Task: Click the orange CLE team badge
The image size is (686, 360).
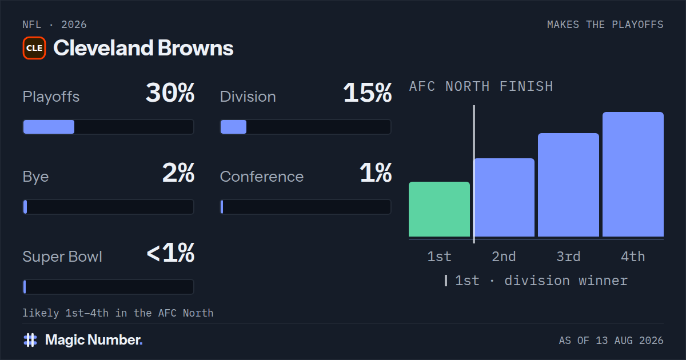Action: tap(34, 48)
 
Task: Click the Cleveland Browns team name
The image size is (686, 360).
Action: tap(143, 48)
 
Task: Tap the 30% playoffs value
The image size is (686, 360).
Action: tap(170, 93)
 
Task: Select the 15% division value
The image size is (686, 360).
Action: tap(368, 93)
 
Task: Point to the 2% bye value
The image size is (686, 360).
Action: tap(178, 173)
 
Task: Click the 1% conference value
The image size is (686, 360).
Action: tap(376, 173)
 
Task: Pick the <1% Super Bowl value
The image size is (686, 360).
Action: tap(170, 253)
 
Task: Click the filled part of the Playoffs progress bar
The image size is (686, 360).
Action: tap(49, 127)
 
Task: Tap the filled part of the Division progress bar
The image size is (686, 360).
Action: tap(233, 127)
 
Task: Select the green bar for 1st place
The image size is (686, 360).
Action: tap(439, 209)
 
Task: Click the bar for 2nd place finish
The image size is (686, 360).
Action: tap(504, 198)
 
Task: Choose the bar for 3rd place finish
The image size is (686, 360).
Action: tap(568, 185)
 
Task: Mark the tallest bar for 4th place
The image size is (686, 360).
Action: tap(633, 174)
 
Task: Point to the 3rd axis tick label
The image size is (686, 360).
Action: tap(568, 257)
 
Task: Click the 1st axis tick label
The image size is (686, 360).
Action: tap(439, 257)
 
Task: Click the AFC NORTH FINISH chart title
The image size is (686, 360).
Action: tap(481, 86)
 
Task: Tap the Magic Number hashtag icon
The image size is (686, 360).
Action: tap(30, 340)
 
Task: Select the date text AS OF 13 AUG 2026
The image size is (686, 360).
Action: tap(611, 341)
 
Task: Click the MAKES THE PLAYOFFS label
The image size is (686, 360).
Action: tap(605, 25)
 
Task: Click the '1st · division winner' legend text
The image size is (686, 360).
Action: tap(541, 281)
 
